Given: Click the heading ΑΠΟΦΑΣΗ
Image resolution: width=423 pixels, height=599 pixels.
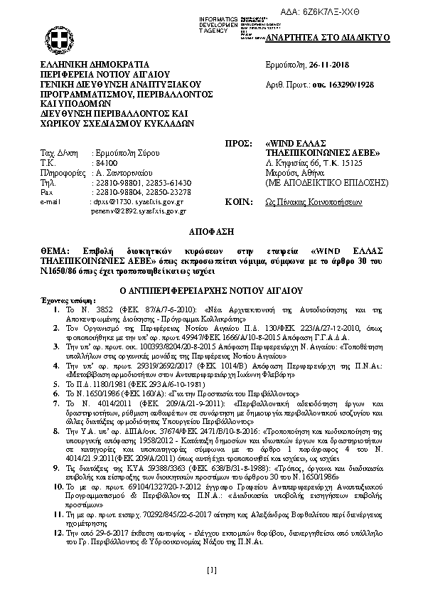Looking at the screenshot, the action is click(211, 233).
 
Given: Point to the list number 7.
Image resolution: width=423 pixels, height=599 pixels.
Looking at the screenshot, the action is click(57, 403).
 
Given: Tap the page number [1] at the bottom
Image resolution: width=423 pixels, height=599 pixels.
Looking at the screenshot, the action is click(211, 570).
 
